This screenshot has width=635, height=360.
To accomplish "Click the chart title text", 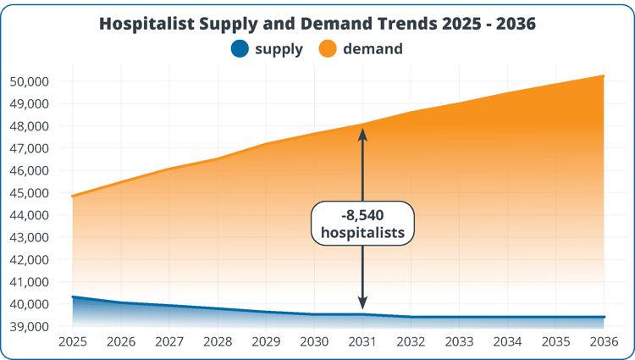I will tap(317, 24).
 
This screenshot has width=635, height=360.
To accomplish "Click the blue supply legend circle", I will tap(241, 49).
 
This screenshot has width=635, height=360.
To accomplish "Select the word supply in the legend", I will tap(279, 49).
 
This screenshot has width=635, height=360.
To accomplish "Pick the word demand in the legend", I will tap(373, 49).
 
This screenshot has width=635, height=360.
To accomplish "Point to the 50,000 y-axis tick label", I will tap(30, 81).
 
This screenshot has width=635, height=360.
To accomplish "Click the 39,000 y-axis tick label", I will tap(30, 326).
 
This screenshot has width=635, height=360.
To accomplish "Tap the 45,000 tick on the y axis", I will tap(30, 193).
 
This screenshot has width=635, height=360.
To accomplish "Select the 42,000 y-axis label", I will tap(30, 259).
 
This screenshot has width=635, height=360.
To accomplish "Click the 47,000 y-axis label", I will tap(30, 148).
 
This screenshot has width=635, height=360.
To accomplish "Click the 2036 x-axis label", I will tap(604, 342).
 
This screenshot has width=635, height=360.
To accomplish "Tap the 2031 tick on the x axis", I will tap(362, 342).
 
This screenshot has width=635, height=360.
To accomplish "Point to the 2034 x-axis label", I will tap(507, 342).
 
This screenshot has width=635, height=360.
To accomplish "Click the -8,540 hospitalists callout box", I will tap(362, 224).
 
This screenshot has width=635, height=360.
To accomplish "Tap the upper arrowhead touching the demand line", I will tap(362, 133).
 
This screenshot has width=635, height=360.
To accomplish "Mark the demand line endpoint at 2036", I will tap(604, 75).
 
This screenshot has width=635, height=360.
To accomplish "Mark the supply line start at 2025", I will tap(73, 297).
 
